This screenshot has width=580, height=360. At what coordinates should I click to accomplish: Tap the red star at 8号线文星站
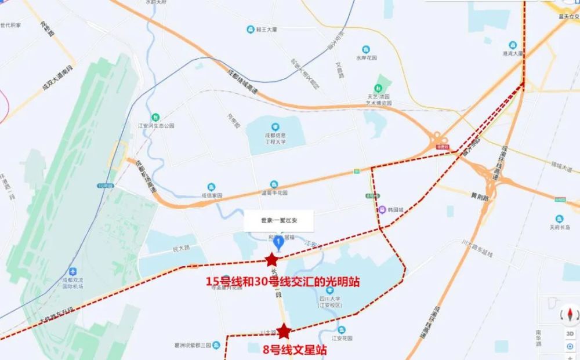click(284, 331)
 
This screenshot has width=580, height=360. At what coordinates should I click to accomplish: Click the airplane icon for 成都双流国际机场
click(73, 271)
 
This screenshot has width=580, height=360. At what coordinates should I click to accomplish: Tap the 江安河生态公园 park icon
click(154, 116)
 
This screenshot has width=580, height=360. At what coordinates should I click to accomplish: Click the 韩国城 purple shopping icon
click(382, 210)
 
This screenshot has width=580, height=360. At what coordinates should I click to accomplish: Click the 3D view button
click(570, 334)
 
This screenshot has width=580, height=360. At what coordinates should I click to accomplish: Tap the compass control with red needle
click(570, 315)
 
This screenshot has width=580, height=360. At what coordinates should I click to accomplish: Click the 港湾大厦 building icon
click(512, 45)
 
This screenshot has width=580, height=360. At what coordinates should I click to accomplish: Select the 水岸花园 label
click(367, 57)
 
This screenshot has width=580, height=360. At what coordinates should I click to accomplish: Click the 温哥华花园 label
click(275, 192)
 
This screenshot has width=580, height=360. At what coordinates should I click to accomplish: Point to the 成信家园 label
click(212, 195)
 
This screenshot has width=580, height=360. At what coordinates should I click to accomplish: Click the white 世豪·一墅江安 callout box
click(278, 220)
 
